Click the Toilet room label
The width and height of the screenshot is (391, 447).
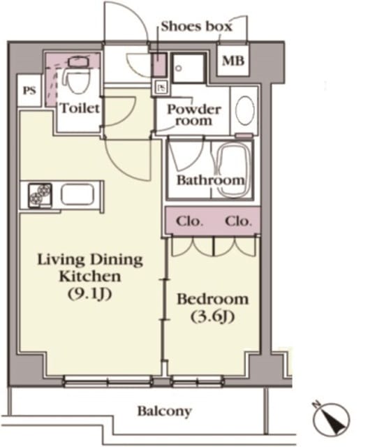tap(80, 108)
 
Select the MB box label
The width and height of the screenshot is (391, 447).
tap(233, 61)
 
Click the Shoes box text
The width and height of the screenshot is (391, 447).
tap(196, 27)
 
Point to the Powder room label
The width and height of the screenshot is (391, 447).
tap(194, 115)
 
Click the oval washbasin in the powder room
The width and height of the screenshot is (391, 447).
tap(245, 110)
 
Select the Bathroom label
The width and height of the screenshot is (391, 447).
tap(211, 180)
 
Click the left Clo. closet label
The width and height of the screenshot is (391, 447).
tap(189, 221)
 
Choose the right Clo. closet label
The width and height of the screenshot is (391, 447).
tap(238, 221)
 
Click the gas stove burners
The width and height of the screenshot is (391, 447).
tap(40, 195)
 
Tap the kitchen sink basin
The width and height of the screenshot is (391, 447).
tap(78, 194)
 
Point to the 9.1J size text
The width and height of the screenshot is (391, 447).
tap(89, 293)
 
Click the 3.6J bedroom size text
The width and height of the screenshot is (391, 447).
tap(212, 316)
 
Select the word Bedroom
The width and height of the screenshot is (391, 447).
tap(212, 300)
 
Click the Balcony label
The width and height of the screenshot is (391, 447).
tap(165, 411)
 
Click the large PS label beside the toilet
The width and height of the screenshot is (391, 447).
tap(29, 91)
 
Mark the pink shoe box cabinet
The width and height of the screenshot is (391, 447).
tap(159, 65)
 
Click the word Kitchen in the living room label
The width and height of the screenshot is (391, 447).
tap(90, 277)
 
